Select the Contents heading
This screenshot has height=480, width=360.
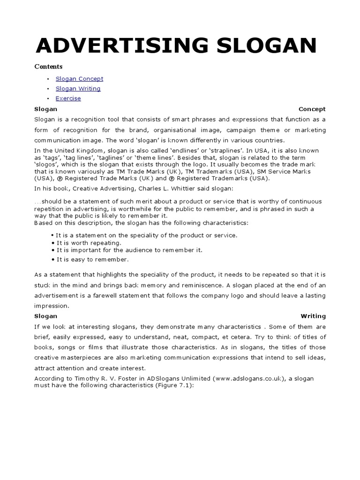pyautogui.click(x=48, y=67)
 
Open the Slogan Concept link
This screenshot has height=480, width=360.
pyautogui.click(x=79, y=79)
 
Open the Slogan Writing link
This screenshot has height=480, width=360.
pyautogui.click(x=78, y=89)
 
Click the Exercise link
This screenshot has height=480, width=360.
pyautogui.click(x=68, y=98)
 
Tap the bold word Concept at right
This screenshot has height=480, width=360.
pyautogui.click(x=312, y=109)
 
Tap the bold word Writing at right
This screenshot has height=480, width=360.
pyautogui.click(x=313, y=316)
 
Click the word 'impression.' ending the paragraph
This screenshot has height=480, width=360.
pyautogui.click(x=52, y=306)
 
